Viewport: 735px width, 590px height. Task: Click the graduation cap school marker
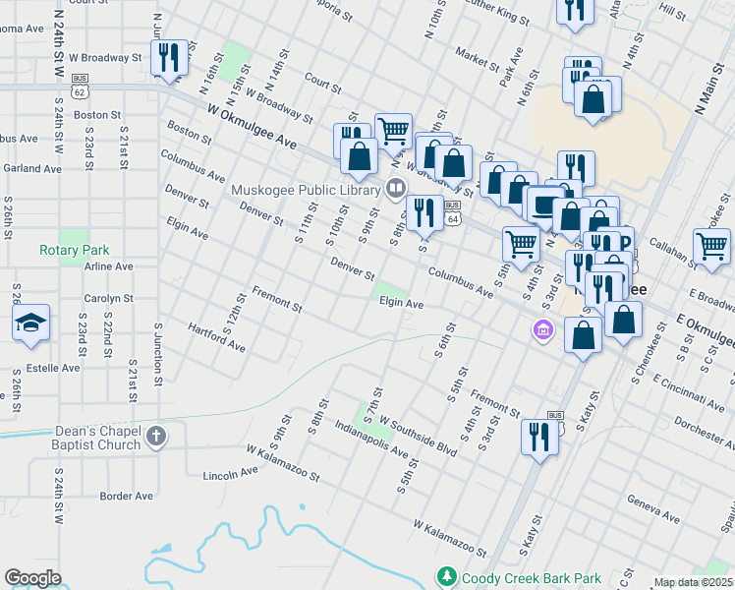coord(30,322)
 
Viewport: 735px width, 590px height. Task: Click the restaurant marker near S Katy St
coord(539,435)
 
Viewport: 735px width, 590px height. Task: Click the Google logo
coord(32,578)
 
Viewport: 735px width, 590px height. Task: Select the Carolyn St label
coord(108,297)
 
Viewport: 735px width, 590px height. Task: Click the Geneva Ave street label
coord(654,508)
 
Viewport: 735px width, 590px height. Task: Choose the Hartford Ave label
coord(216,338)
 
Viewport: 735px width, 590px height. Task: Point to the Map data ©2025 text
coord(693,582)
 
